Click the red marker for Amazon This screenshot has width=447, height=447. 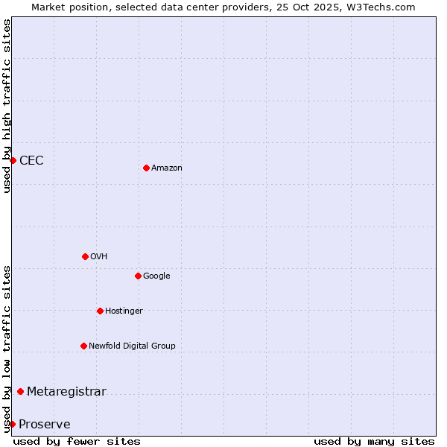(x=146, y=168)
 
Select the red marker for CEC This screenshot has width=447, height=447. (x=13, y=160)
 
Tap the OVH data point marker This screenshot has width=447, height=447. (x=85, y=256)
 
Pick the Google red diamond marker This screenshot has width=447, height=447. (x=138, y=276)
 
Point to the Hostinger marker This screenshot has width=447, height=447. (x=100, y=311)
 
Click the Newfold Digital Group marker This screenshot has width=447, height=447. (x=83, y=346)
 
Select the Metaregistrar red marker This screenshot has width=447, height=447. (x=20, y=392)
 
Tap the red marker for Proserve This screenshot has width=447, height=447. (x=12, y=424)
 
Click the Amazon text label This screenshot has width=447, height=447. (x=167, y=168)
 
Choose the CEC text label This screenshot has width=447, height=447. (x=31, y=161)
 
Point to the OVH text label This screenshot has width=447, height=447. (x=99, y=257)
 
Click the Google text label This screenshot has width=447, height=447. (x=156, y=276)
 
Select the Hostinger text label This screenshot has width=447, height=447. (x=124, y=311)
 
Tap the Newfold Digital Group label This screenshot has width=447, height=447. (x=132, y=346)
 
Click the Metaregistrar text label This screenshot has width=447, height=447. (x=66, y=392)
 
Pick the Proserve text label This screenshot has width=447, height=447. (x=45, y=425)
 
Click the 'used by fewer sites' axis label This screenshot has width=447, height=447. (x=77, y=441)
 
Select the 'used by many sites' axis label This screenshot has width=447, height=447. (x=374, y=441)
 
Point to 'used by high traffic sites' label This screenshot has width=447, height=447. (x=7, y=106)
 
